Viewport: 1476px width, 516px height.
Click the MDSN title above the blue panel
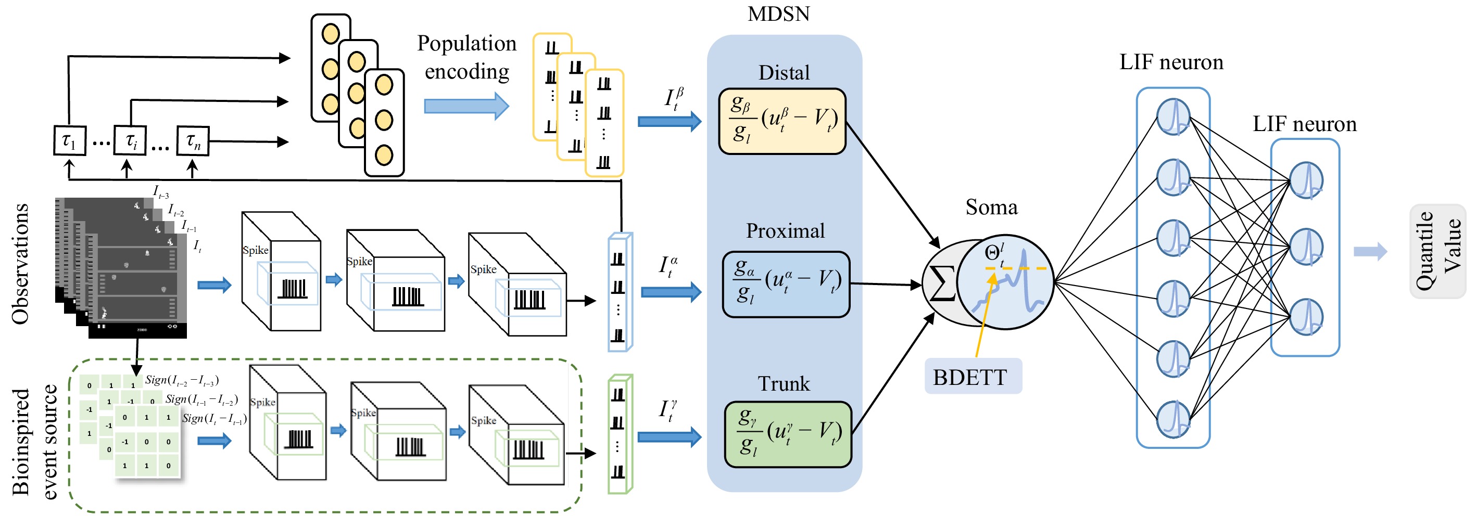(x=778, y=14)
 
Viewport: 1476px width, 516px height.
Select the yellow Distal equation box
(x=782, y=121)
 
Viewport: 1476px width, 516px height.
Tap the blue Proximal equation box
(x=786, y=284)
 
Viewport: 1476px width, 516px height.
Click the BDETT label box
(x=973, y=376)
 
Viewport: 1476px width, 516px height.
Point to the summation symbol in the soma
(x=941, y=283)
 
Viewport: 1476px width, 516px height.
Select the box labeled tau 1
(x=69, y=140)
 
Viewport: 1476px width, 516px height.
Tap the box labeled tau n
(x=193, y=141)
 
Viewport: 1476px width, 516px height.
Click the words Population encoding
(x=466, y=57)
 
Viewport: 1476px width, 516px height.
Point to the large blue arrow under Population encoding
(x=466, y=106)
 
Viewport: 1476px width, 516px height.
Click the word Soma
(x=991, y=207)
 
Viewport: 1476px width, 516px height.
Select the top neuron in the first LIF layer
(x=1173, y=117)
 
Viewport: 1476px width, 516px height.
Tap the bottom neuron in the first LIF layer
(x=1173, y=419)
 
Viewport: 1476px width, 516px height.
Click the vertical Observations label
(x=21, y=263)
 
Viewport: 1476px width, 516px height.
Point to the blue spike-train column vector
(x=619, y=292)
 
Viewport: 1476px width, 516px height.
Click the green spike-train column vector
(x=619, y=433)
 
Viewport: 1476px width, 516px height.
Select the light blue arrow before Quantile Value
(x=1370, y=251)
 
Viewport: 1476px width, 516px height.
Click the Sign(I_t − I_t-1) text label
(x=215, y=419)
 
